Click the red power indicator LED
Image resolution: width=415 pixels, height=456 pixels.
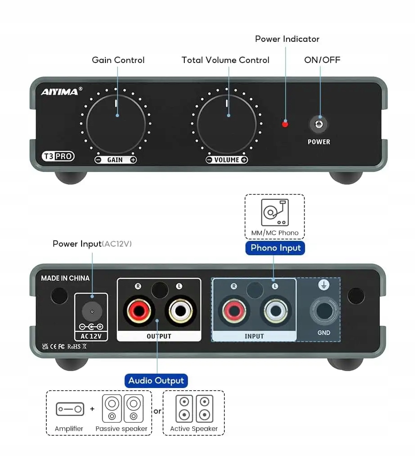(x=285, y=124)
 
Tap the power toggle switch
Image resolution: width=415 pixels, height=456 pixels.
(x=319, y=123)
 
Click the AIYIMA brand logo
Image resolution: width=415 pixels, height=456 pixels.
(x=60, y=92)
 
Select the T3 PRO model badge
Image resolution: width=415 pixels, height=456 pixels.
(x=58, y=156)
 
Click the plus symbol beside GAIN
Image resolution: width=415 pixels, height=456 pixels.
(x=133, y=160)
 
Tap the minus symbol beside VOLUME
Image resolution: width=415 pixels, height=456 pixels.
(x=209, y=160)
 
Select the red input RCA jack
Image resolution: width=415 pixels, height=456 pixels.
(x=233, y=311)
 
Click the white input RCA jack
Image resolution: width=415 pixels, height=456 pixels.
(x=275, y=311)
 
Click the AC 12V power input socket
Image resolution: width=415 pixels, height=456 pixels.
(x=91, y=311)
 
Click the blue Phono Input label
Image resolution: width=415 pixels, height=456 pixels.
(x=275, y=248)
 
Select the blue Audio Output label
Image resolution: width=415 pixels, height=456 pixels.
(x=156, y=381)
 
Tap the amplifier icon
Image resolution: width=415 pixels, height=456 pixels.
(x=69, y=409)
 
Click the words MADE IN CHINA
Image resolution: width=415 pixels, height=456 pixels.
(x=65, y=278)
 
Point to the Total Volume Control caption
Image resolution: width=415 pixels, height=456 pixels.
(x=225, y=60)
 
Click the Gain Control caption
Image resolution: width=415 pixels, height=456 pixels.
(x=118, y=60)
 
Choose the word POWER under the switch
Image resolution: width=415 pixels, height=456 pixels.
(x=319, y=142)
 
